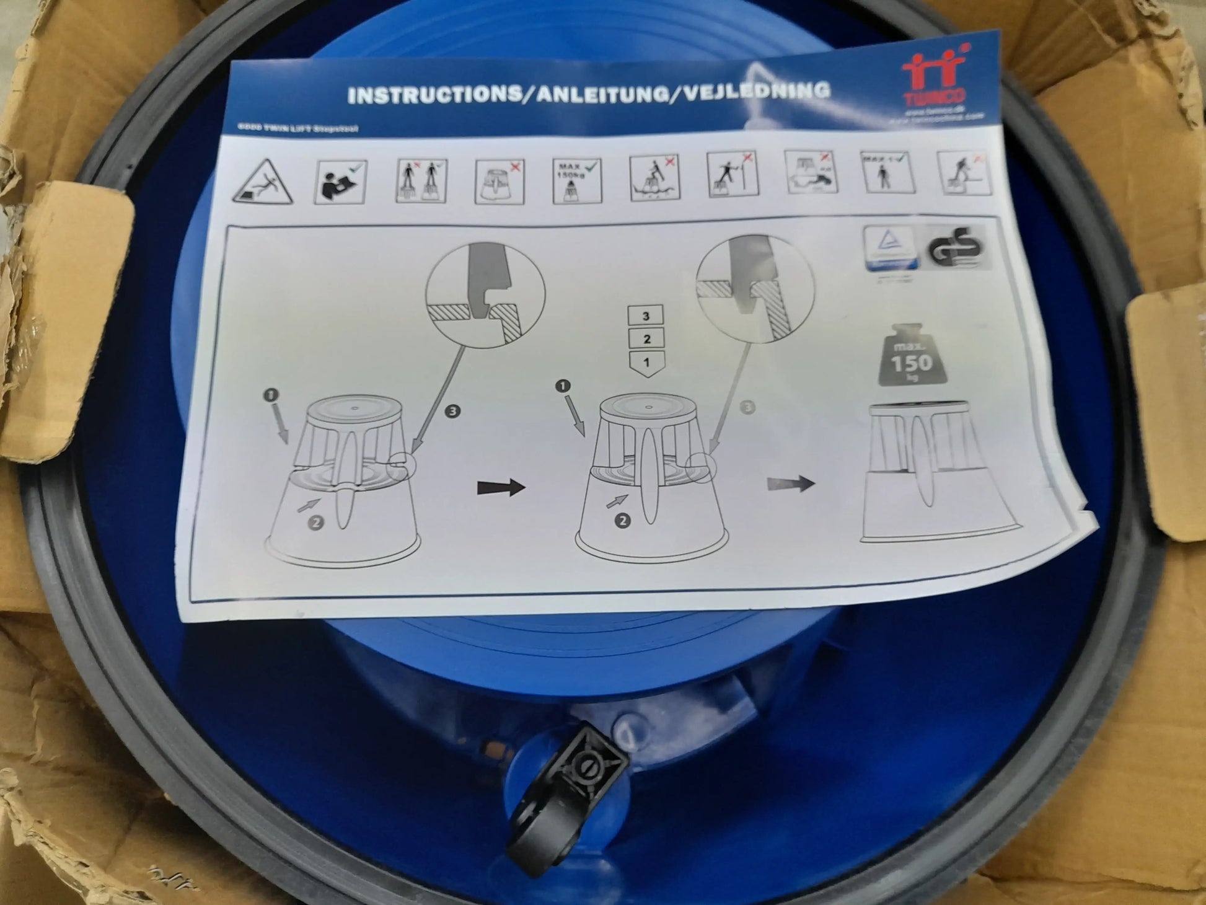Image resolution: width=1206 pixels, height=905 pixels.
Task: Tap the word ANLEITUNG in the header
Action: pos(598,94)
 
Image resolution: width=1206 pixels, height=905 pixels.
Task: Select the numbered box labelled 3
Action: pos(646,316)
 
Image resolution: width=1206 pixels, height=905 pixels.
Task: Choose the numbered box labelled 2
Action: pos(646,339)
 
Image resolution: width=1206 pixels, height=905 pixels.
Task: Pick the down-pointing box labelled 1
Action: pos(646,363)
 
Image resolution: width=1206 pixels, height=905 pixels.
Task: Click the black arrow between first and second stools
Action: pos(501,488)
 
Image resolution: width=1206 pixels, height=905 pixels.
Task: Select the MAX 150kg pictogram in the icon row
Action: pos(576,180)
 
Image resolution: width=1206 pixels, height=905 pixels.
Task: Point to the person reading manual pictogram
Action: pos(340,182)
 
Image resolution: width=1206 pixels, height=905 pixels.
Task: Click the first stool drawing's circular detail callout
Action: pos(485,291)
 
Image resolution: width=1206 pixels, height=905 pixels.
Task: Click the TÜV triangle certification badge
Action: pos(891,248)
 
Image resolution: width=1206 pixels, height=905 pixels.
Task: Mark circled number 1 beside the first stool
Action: pos(271,395)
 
